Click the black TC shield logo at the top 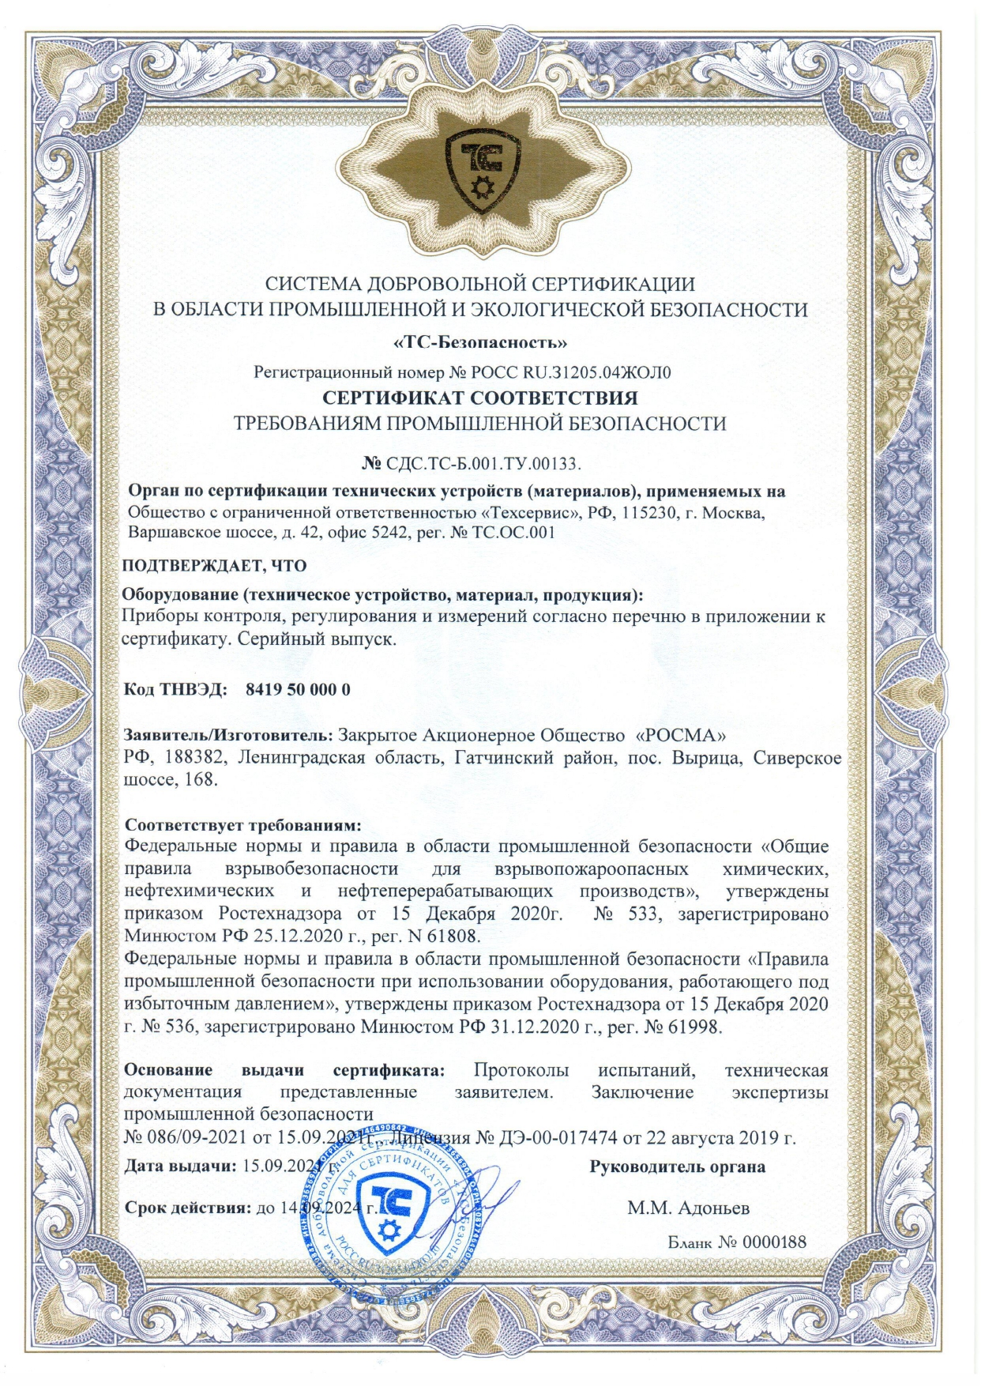click(481, 169)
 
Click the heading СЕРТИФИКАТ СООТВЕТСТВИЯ click(480, 397)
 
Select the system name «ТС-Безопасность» click(480, 343)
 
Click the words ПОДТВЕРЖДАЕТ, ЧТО click(214, 566)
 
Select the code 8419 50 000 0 click(298, 689)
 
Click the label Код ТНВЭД click(175, 689)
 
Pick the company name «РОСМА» click(680, 735)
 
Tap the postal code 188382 click(196, 758)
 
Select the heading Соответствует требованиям click(243, 825)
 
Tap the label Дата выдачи click(181, 1166)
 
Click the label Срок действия click(186, 1208)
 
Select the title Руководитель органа click(677, 1167)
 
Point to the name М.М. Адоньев click(688, 1208)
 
